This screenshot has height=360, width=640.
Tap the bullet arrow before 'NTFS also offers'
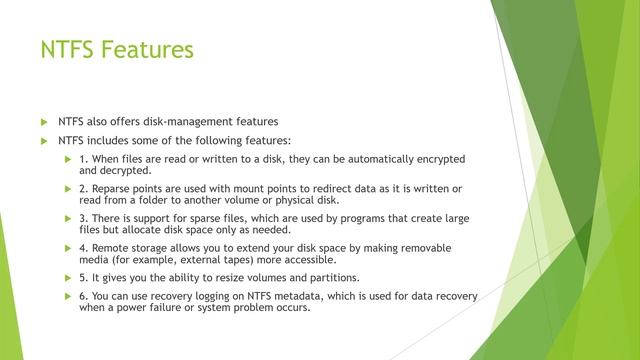[43, 122]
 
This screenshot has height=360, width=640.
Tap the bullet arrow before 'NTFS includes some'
[43, 141]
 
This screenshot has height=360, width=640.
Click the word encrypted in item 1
[439, 159]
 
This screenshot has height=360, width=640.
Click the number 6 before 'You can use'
[82, 296]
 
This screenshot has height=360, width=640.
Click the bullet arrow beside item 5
[68, 277]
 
